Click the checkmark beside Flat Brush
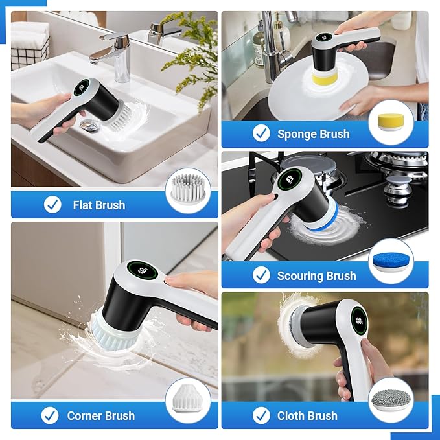click(52, 205)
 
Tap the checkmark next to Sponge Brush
click(261, 134)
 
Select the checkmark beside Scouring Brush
click(261, 275)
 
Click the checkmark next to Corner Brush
click(49, 415)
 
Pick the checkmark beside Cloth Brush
click(261, 415)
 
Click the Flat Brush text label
click(98, 205)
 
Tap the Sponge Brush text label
click(313, 134)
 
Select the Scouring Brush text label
click(316, 276)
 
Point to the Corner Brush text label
click(101, 416)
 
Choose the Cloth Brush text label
click(307, 416)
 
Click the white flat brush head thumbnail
click(187, 189)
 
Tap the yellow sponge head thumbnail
click(390, 122)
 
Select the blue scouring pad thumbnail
click(390, 262)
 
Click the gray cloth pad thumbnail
click(390, 400)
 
